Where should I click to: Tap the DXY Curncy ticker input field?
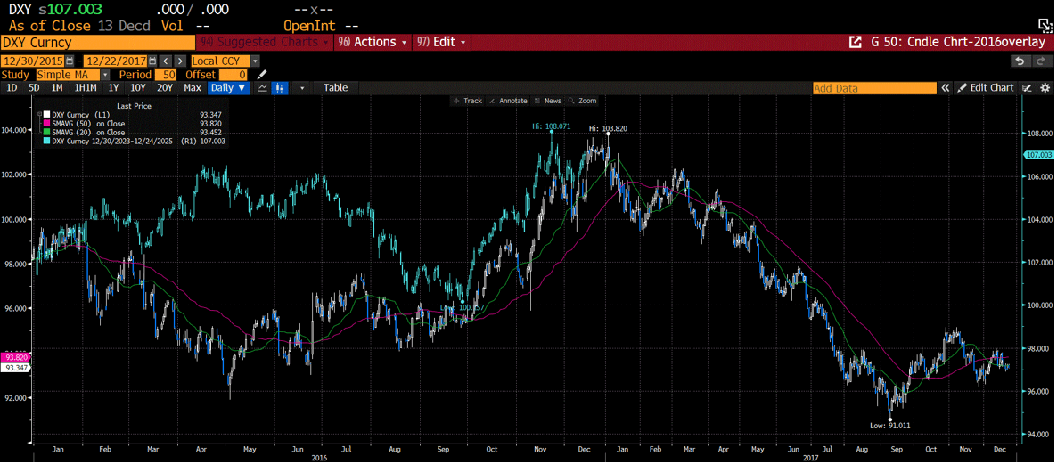(97, 42)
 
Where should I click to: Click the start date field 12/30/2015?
(32, 61)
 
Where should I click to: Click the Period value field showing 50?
(166, 75)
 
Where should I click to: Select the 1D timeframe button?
(12, 88)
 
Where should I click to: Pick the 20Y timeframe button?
(164, 88)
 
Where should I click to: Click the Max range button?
(193, 88)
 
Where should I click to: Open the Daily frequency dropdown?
(229, 88)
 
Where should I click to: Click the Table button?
(335, 88)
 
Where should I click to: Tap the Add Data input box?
(873, 88)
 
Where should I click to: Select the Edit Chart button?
(986, 88)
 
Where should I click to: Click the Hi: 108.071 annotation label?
(551, 126)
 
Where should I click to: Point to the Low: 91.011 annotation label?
(890, 426)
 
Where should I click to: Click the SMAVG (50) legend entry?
(88, 124)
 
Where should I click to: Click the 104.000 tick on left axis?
(15, 130)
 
